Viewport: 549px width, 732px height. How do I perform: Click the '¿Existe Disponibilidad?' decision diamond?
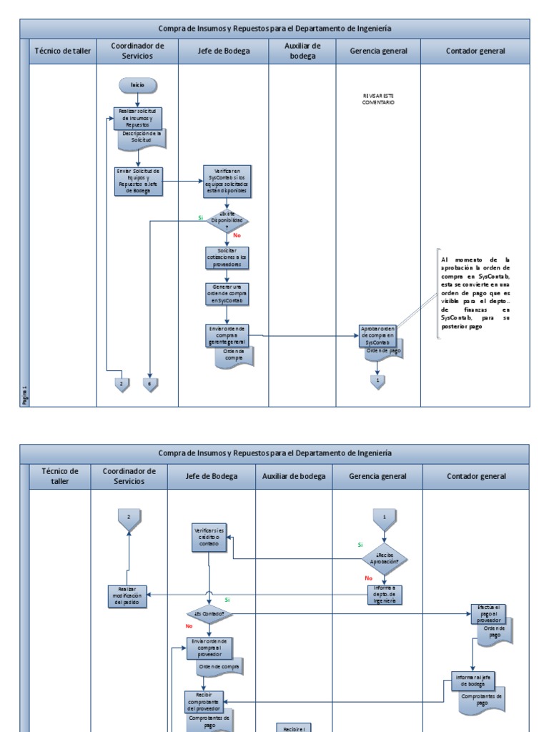point(227,220)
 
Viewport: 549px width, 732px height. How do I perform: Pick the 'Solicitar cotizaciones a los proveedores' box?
point(227,257)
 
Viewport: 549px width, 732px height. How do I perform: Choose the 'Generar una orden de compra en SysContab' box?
point(227,294)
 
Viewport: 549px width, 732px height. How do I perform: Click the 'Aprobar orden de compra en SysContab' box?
point(377,335)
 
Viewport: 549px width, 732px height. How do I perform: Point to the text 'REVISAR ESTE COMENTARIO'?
point(378,99)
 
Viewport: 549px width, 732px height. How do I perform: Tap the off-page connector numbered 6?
point(150,385)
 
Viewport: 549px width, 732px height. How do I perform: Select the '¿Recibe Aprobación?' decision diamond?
point(385,558)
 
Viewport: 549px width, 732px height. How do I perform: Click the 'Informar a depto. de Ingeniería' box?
point(385,593)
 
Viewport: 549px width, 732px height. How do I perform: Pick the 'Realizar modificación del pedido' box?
point(128,595)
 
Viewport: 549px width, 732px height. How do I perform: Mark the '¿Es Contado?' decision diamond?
point(208,613)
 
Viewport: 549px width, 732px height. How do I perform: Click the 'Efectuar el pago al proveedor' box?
point(485,613)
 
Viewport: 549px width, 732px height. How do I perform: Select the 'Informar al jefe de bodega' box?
point(473,678)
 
